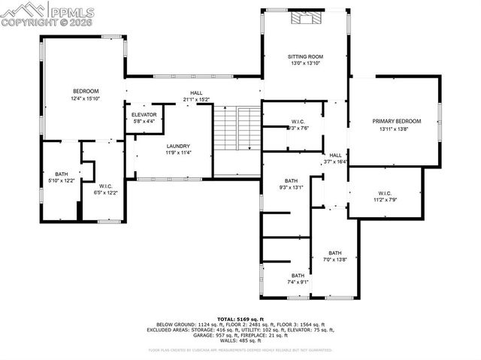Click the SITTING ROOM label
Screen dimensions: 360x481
point(304,56)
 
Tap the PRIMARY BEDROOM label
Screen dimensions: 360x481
point(396,121)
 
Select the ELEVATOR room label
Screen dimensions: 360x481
point(144,114)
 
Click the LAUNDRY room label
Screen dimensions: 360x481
point(178,146)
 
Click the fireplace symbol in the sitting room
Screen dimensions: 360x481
point(305,18)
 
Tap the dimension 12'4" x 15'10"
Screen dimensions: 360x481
point(86,98)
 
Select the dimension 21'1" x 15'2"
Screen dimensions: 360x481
point(191,99)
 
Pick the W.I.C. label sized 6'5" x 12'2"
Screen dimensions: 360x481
point(105,192)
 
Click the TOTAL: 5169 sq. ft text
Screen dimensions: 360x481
point(240,319)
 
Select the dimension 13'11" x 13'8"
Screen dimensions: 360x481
point(396,129)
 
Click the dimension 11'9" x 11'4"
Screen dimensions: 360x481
point(178,153)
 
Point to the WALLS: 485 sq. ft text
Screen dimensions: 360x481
point(240,340)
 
